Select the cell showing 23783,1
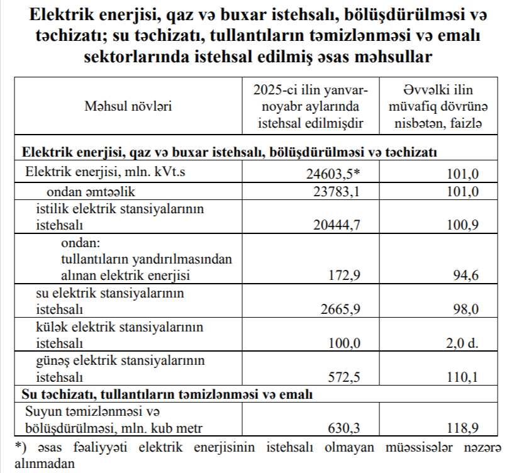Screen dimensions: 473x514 (338, 192)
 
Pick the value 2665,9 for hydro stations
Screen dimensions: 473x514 (341, 309)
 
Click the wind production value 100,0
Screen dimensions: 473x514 (345, 343)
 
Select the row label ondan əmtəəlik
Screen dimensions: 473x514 (91, 192)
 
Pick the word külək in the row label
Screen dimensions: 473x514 (52, 327)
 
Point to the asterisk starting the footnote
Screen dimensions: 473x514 (16, 447)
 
